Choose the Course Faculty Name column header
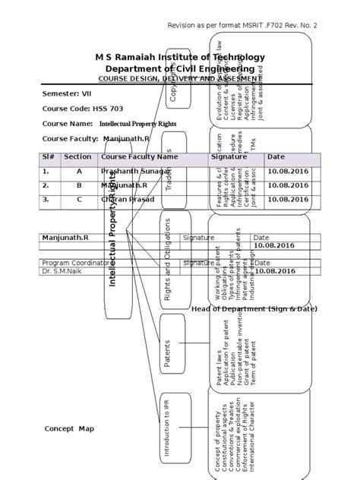139,156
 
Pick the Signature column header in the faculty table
229,156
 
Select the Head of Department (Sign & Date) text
254,309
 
